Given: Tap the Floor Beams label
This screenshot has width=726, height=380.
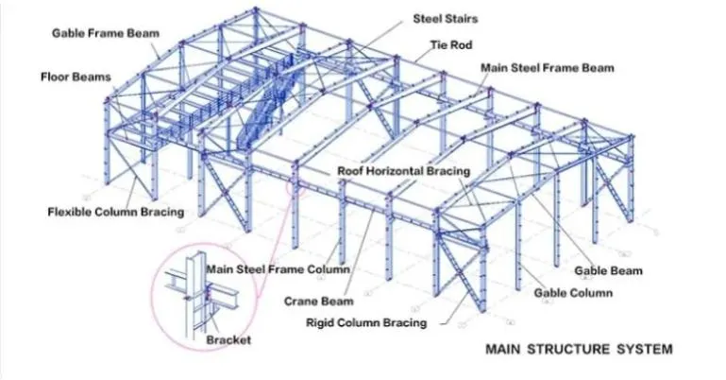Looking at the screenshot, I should pos(76,76).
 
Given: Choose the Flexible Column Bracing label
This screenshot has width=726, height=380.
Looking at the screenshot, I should pos(115,212).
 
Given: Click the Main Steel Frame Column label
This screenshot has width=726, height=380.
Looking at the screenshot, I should pos(278,269).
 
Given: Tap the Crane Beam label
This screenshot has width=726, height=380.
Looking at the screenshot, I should pos(319,302).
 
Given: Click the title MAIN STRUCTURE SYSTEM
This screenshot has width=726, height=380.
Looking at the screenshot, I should pos(579,350).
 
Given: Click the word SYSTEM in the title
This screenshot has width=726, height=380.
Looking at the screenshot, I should pos(645,350).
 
